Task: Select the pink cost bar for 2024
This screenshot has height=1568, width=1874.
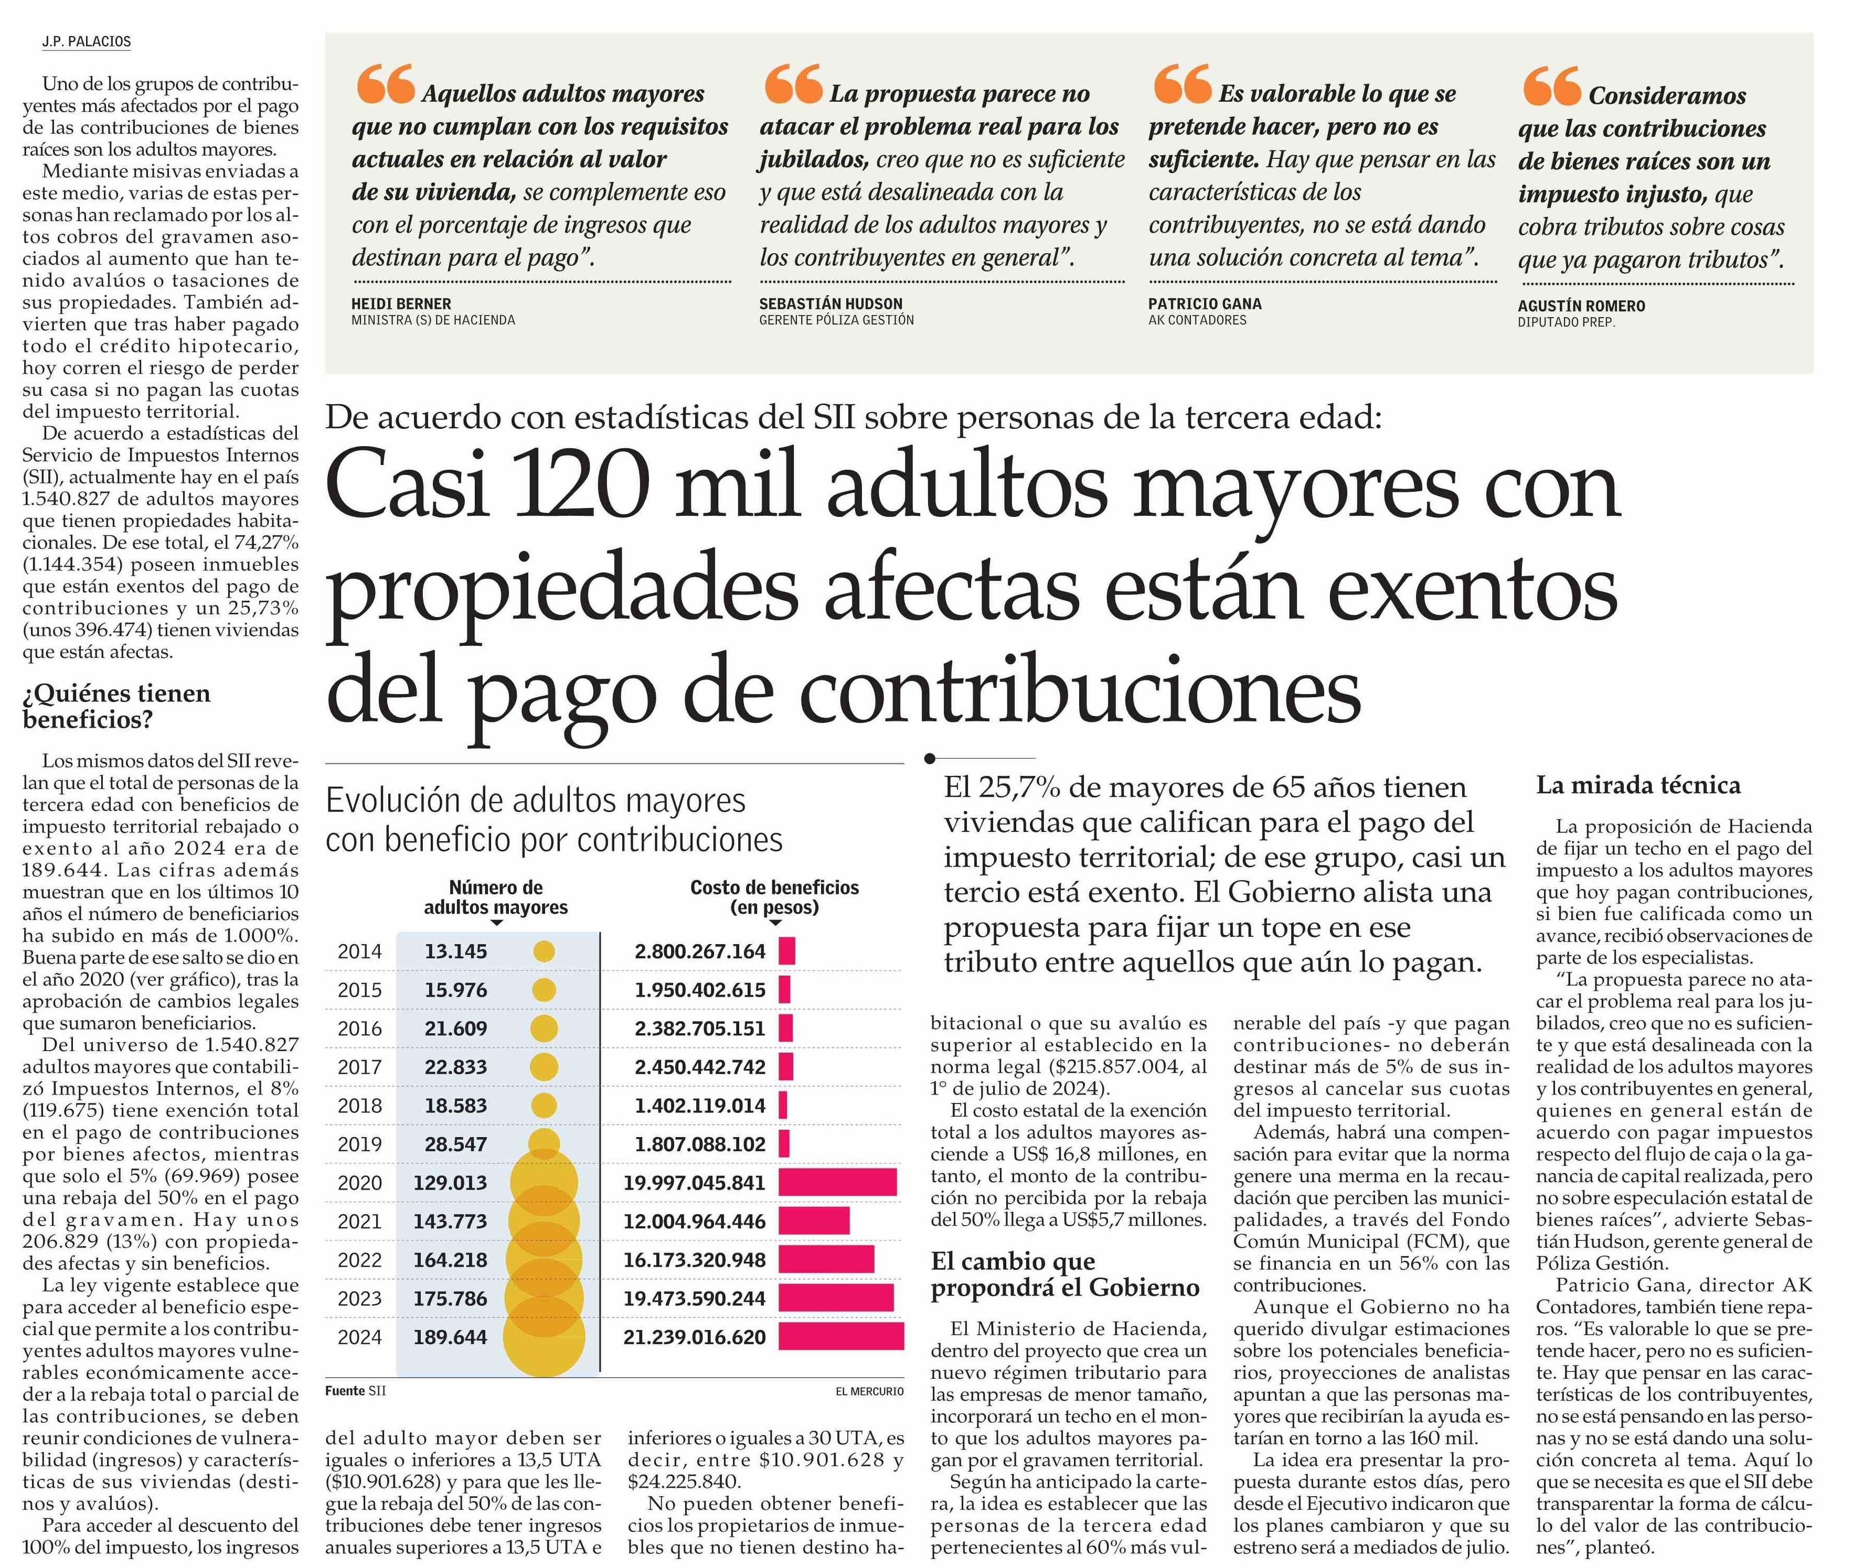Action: (840, 1337)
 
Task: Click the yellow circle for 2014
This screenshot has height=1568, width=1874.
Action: (544, 951)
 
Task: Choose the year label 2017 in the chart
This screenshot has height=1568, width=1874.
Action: (359, 1067)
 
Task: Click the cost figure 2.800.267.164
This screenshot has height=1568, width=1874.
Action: (700, 951)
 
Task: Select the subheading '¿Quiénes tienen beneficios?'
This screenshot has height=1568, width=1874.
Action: (116, 706)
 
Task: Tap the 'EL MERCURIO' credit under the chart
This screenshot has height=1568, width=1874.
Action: (869, 1391)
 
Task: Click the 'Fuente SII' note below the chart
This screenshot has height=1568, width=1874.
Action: (355, 1390)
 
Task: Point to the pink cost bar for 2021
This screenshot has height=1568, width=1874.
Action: (814, 1221)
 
